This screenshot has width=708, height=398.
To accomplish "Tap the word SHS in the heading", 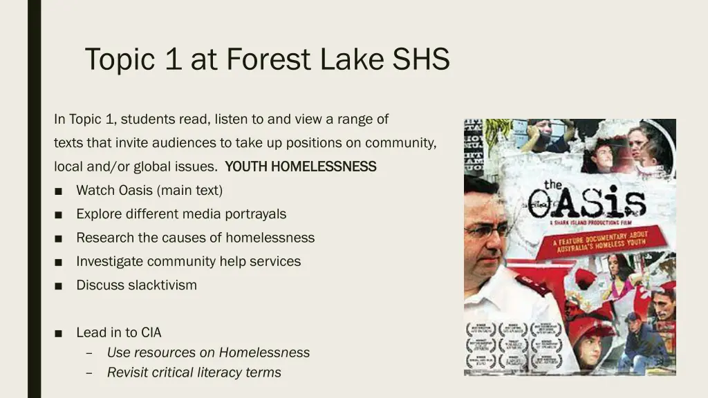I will (422, 59).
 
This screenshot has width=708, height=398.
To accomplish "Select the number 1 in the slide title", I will (174, 59).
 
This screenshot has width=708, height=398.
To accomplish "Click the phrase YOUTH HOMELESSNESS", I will (301, 167).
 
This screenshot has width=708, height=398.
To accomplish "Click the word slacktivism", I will (162, 285).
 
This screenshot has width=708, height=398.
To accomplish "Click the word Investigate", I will (110, 261).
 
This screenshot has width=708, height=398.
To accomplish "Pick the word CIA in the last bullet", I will (151, 332).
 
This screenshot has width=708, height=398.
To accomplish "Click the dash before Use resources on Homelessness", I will (90, 353).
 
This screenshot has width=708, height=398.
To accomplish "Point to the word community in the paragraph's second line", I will (400, 143).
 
